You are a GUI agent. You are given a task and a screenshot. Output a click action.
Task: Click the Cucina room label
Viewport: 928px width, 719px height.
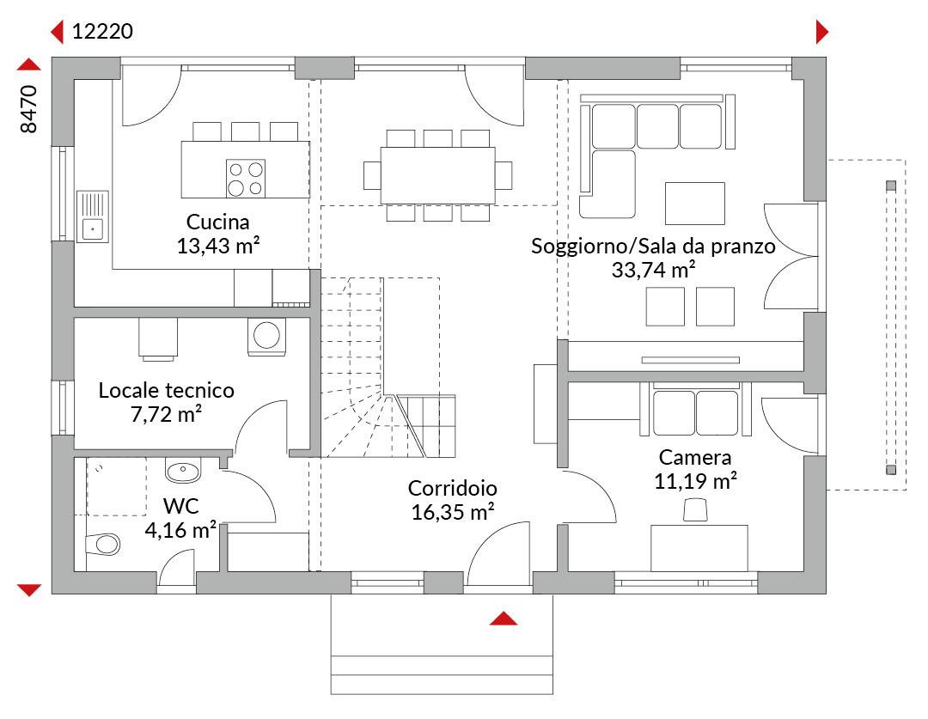[217, 222]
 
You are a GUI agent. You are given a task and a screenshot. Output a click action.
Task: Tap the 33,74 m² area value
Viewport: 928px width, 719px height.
[653, 270]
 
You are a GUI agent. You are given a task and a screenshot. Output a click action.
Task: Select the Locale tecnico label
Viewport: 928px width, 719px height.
[167, 391]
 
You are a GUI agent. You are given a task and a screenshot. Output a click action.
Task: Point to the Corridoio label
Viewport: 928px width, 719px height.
[453, 488]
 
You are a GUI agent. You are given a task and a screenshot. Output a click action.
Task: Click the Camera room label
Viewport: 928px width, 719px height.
[695, 458]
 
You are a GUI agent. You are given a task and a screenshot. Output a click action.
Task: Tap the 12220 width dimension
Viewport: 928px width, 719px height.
[102, 32]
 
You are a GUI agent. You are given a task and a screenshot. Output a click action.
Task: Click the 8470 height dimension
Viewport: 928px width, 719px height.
[28, 109]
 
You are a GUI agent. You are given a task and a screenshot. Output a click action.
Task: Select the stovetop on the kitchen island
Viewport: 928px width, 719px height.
[246, 179]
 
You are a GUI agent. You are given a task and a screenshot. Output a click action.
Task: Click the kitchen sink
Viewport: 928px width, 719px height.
[92, 216]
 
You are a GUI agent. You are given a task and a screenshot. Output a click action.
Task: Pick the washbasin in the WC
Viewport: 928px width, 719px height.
[183, 471]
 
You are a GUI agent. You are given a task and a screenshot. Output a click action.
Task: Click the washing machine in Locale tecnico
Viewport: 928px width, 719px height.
[266, 337]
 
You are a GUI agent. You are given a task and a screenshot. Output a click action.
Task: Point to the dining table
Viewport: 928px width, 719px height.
[438, 175]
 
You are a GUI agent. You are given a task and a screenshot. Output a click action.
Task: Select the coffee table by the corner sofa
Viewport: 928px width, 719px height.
[695, 204]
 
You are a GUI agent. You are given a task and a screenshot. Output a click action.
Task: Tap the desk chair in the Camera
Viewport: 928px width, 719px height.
[695, 510]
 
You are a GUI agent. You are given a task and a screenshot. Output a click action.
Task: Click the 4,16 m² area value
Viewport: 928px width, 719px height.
[180, 530]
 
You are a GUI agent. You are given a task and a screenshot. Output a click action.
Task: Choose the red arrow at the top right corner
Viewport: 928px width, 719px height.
[822, 32]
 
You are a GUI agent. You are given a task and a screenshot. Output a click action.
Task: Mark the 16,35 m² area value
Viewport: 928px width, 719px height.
[453, 512]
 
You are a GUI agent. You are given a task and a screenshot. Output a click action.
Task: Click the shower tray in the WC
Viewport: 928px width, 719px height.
[117, 486]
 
